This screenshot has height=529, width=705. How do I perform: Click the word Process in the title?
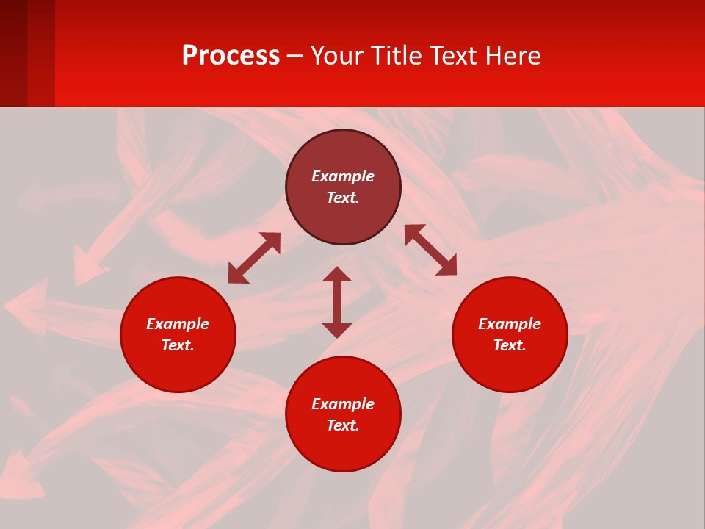(x=231, y=56)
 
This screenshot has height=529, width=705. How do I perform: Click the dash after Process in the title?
(x=295, y=57)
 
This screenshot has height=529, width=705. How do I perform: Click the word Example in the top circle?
(x=343, y=176)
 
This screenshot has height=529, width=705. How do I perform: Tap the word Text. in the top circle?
(x=343, y=198)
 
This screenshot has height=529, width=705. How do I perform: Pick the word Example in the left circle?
(x=178, y=324)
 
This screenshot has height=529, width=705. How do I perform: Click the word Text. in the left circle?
(x=178, y=345)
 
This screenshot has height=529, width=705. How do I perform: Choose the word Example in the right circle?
(x=510, y=324)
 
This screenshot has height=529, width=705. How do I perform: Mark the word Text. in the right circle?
(x=510, y=345)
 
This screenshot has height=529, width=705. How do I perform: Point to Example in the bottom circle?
(x=343, y=404)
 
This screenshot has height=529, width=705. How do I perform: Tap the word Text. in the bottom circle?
(x=343, y=425)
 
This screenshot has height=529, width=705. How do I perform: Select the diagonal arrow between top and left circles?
(x=254, y=258)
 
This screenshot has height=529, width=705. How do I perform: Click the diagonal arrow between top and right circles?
(x=430, y=250)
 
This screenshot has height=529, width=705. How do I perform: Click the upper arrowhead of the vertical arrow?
(x=337, y=274)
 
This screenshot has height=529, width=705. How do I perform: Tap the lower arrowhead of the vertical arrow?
(x=337, y=330)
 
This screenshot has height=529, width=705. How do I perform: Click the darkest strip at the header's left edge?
(x=13, y=53)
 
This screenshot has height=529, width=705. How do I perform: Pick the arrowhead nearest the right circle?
(x=447, y=266)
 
